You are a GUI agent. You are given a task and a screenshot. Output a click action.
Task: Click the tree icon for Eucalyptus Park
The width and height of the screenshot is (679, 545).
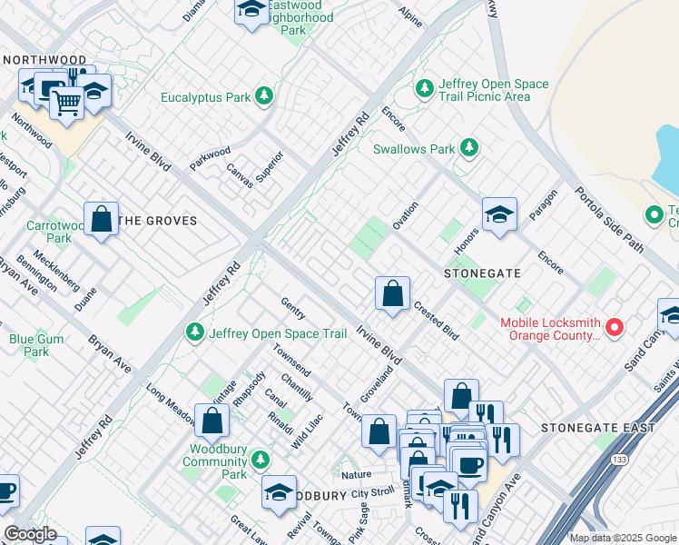264,95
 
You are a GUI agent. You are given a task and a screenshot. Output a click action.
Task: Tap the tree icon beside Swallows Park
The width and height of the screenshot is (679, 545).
468,147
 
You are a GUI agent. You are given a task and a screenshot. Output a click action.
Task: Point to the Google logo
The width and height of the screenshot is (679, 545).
30,534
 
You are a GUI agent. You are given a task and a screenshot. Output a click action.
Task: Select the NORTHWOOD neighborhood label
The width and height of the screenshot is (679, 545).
44,60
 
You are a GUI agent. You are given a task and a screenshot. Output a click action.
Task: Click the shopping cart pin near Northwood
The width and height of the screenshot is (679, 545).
65,103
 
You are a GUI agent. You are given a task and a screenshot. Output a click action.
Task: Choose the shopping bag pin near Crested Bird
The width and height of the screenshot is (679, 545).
392,294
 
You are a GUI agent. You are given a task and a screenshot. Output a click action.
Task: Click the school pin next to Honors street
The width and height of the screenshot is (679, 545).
499,215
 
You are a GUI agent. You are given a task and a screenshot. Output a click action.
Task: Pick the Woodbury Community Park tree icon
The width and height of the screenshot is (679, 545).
261,460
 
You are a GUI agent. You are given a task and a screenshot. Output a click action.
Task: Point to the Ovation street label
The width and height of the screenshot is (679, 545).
405,215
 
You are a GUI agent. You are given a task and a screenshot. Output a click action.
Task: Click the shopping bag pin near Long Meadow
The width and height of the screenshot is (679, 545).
212,421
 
